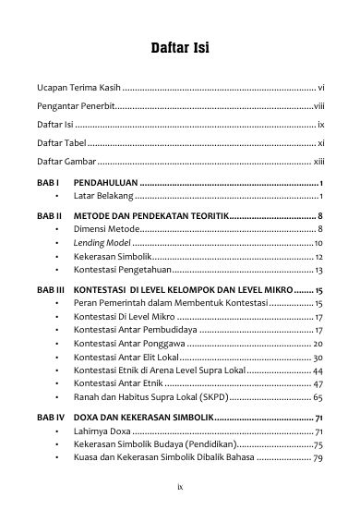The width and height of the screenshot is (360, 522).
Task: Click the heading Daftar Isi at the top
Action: pyautogui.click(x=180, y=48)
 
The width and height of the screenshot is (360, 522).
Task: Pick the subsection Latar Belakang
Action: pyautogui.click(x=103, y=197)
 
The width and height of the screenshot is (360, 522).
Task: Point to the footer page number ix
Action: pyautogui.click(x=180, y=482)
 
